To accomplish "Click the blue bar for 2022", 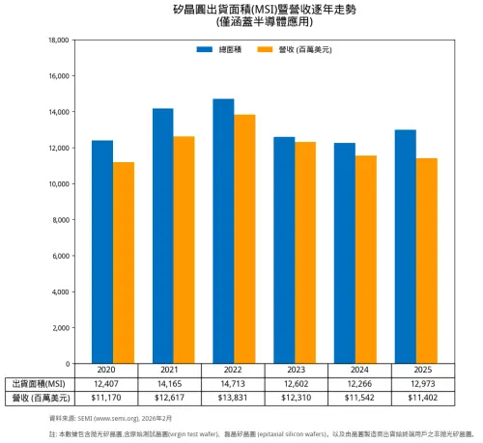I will tap(223, 232).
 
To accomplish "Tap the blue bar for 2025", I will tap(406, 246).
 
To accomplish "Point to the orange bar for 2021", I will tap(184, 250).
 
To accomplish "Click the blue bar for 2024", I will tap(345, 253).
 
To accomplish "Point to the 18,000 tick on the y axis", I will tap(57, 41).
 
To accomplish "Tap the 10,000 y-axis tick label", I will tap(57, 184).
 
